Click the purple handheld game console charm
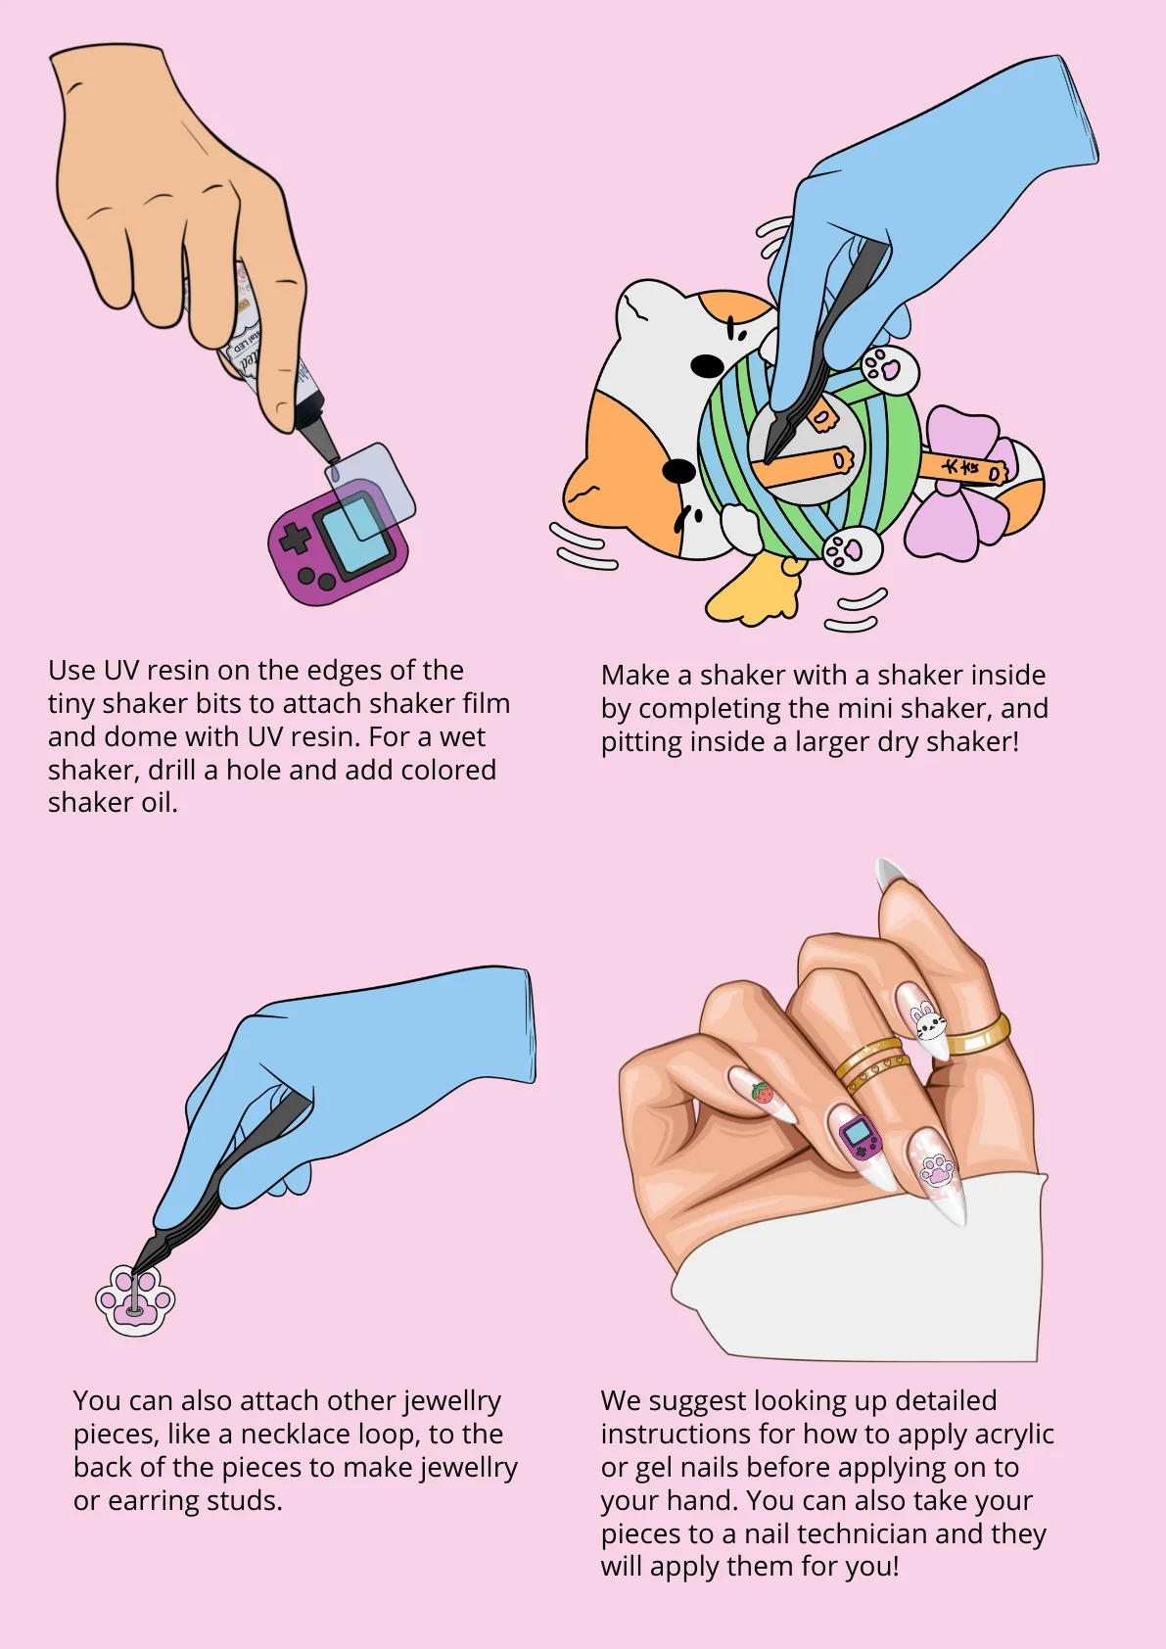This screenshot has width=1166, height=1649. (338, 542)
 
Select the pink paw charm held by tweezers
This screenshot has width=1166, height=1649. (135, 1300)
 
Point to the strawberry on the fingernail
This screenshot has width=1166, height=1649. (762, 1092)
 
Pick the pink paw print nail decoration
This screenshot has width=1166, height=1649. (937, 1169)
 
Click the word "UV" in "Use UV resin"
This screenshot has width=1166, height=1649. (121, 671)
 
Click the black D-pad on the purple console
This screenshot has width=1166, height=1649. (294, 539)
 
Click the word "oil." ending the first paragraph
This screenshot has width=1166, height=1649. (160, 803)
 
